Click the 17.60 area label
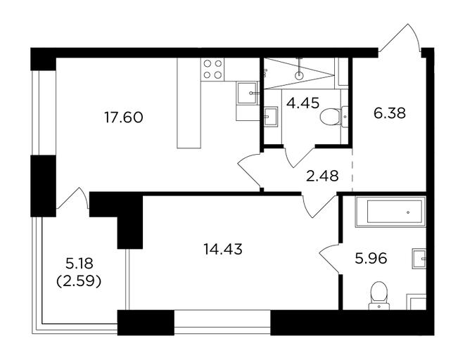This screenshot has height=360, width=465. coord(124,117)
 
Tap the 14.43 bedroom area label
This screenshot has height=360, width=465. coord(223,249)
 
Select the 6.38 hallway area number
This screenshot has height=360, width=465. coord(390,113)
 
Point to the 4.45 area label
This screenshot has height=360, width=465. coord(302,103)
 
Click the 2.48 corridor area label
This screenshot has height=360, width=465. coord(322,176)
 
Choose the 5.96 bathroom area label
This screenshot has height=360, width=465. coord(371,258)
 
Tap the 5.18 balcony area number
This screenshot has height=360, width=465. coord(79,264)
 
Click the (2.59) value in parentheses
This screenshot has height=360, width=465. coord(79,281)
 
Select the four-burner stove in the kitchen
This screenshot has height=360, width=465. coord(212,70)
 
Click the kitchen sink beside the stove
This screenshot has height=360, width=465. coord(248,93)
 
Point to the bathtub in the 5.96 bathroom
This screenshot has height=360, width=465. coord(390,212)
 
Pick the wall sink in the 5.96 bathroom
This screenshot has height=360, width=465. coord(419,259)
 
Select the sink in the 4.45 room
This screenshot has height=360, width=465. coord(271,117)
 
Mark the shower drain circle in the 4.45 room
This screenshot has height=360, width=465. coord(299,75)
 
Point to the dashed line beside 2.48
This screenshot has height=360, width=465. coord(352,170)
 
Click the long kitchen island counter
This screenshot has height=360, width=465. coord(189,103)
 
